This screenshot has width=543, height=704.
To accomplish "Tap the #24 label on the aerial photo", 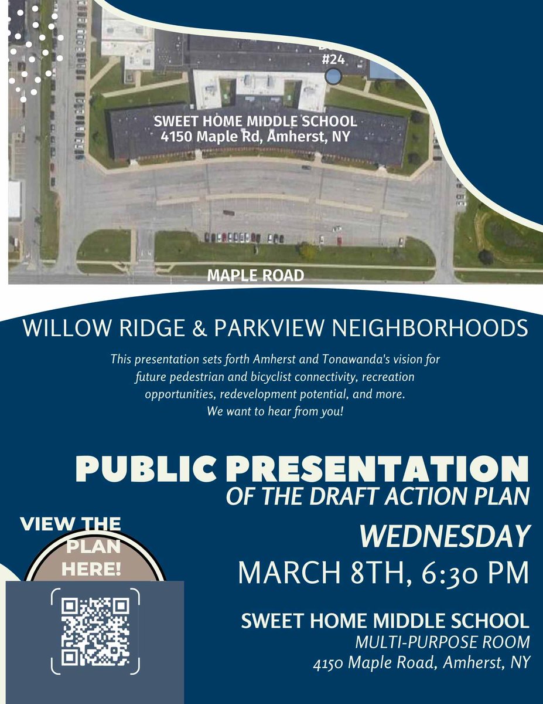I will (334, 59).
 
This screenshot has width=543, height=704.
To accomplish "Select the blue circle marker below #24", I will (333, 76).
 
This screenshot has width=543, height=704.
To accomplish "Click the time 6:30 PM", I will (478, 572).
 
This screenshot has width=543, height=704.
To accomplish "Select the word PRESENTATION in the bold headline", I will (372, 469).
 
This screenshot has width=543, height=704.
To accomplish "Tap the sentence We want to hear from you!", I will (271, 411).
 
